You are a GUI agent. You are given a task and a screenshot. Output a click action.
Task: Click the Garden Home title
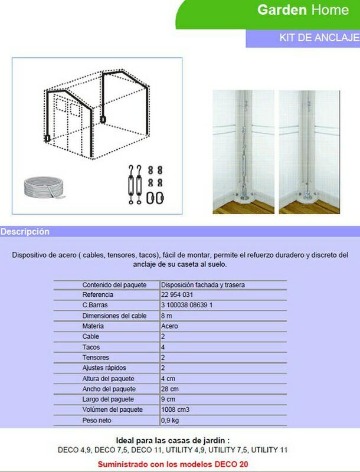tap(310, 10)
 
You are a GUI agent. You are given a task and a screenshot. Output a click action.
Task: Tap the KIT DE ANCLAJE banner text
tap(319, 37)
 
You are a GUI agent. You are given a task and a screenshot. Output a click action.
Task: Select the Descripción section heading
tap(25, 231)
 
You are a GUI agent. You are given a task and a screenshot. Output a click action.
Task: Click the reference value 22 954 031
tap(178, 295)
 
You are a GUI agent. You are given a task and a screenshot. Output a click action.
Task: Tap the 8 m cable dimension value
tap(166, 316)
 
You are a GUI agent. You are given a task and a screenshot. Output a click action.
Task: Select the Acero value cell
tap(169, 326)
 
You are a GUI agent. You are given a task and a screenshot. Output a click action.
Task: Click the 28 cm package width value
tap(169, 389)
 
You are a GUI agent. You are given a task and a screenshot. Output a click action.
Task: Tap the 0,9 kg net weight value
tap(171, 421)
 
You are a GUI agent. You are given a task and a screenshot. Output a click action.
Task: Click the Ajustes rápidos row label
tap(102, 369)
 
